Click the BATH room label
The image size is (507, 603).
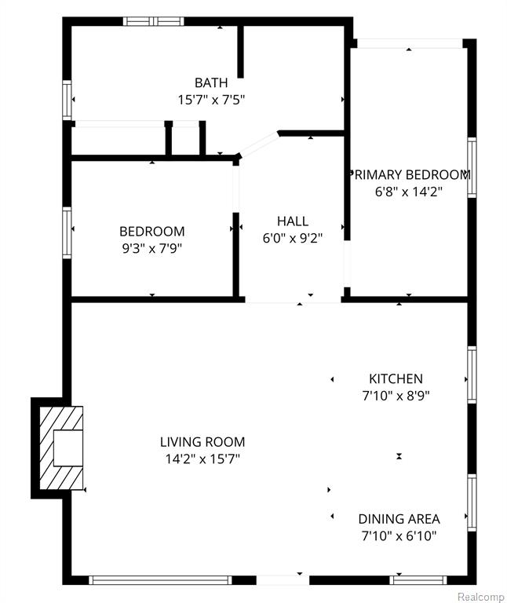click(211, 82)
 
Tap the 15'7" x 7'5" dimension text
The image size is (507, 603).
click(211, 100)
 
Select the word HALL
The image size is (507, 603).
click(293, 221)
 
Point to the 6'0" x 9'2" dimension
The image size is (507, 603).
click(292, 239)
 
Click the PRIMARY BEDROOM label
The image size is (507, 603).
click(410, 174)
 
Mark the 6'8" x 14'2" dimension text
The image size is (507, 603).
click(409, 192)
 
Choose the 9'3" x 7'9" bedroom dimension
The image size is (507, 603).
click(151, 248)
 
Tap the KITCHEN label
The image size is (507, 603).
click(396, 378)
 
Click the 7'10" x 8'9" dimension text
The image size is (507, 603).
click(396, 396)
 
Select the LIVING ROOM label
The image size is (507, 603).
click(202, 442)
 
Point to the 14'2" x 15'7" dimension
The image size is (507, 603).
click(202, 459)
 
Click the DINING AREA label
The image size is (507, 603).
click(399, 519)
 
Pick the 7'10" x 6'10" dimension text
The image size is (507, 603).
click(399, 535)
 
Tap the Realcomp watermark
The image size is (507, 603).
click(482, 597)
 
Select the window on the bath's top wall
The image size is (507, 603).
click(153, 21)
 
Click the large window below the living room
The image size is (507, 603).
click(161, 580)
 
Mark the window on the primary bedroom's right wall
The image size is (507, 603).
click(472, 168)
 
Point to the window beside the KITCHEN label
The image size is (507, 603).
click(472, 375)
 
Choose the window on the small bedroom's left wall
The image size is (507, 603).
click(67, 232)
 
